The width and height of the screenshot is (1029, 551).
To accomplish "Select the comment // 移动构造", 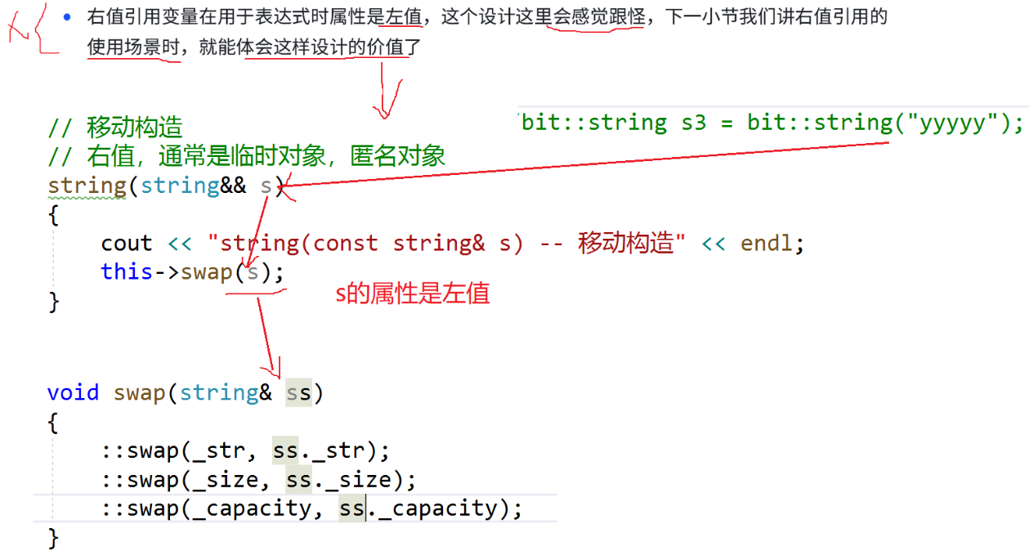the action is click(115, 128).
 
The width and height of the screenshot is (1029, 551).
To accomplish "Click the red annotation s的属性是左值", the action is click(413, 294).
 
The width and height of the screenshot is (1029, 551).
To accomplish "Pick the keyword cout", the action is click(127, 244).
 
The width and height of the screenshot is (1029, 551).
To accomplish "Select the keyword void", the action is click(73, 393).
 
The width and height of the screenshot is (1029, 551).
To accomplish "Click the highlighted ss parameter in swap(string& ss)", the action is click(298, 393).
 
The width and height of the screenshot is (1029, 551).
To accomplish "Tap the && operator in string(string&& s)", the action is click(233, 186).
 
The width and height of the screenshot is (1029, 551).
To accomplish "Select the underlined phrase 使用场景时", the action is click(133, 47).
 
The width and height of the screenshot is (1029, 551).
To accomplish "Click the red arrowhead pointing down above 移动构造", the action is click(385, 109).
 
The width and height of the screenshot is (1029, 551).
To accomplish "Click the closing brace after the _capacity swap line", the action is click(53, 538).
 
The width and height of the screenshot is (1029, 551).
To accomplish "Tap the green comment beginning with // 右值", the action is click(246, 156).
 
